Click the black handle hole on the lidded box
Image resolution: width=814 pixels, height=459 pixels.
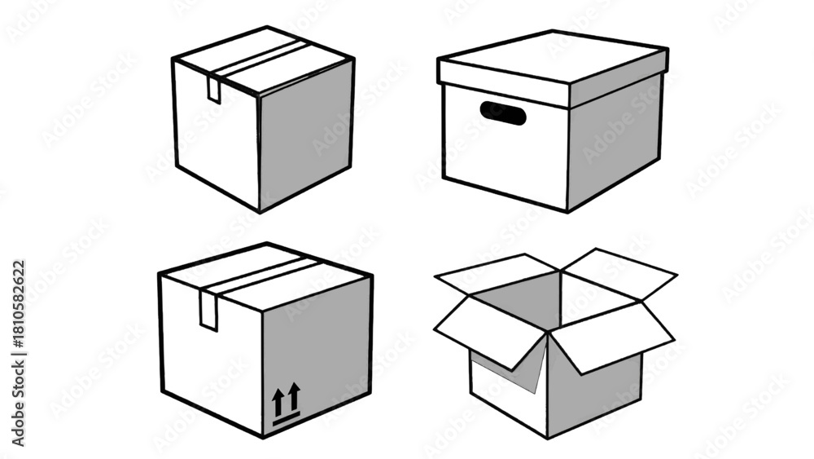click(x=502, y=113)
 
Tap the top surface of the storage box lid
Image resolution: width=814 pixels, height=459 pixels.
click(x=553, y=56)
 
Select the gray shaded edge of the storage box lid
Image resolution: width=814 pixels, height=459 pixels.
click(x=618, y=78)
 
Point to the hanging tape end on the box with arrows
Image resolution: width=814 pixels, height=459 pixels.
click(x=209, y=310)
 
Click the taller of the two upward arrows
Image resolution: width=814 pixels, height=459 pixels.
click(x=295, y=396)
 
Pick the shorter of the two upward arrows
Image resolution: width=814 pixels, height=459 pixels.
click(x=278, y=401)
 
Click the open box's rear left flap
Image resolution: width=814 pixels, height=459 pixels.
click(x=497, y=275)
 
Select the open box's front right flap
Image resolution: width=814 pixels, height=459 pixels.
click(x=613, y=337)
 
